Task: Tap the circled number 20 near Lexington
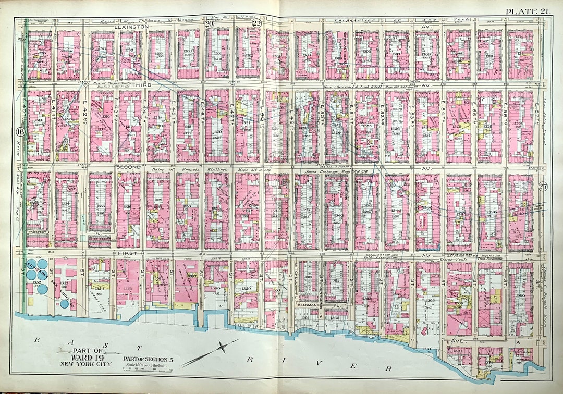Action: (210, 23)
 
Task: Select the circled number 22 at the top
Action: (256, 23)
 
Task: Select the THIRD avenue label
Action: (140, 84)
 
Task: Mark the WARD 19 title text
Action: (92, 357)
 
